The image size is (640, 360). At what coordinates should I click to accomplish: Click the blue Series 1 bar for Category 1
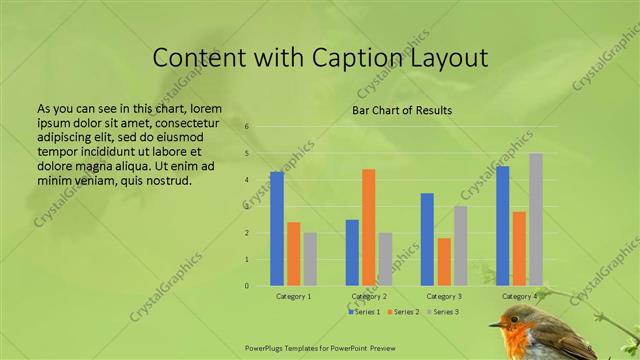(277, 229)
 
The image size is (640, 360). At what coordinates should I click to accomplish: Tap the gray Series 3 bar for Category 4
(536, 220)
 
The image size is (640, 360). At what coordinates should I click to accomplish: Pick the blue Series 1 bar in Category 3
(427, 240)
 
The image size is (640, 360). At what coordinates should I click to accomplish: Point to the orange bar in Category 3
(444, 262)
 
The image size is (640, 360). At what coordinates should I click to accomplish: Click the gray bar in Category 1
(310, 259)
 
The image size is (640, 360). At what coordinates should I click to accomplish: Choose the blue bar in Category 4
(502, 226)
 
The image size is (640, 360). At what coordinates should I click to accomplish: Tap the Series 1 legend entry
(364, 312)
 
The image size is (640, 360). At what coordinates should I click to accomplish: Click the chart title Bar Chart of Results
(402, 110)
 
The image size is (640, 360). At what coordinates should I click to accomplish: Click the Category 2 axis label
(369, 297)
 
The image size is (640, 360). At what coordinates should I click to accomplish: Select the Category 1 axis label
(294, 297)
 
